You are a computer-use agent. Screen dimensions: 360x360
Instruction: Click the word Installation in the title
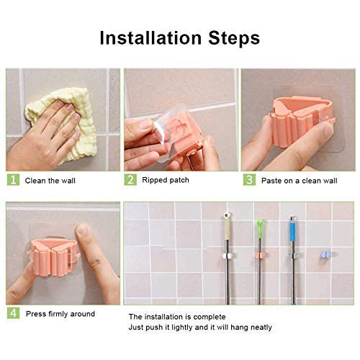(150, 37)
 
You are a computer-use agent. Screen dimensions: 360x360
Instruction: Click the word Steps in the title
(234, 38)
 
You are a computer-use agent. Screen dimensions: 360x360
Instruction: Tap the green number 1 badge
(13, 180)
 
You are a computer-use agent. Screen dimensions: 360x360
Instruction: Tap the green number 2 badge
(130, 180)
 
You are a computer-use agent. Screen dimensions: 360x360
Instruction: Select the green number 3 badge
(250, 180)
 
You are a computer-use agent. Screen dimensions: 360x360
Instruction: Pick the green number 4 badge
(13, 313)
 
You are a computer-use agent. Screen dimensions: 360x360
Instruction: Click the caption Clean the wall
(50, 181)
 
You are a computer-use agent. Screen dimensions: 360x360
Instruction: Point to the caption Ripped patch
(166, 180)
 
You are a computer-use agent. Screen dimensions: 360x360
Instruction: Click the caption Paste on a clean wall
(300, 181)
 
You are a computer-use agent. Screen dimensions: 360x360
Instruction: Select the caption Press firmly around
(60, 314)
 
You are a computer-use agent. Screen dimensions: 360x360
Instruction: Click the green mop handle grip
(260, 229)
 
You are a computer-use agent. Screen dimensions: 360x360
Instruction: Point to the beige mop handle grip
(227, 230)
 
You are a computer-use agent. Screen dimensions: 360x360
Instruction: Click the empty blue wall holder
(325, 255)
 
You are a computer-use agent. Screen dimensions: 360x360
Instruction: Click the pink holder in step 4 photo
(54, 257)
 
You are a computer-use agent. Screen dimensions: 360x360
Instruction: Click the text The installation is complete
(177, 317)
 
